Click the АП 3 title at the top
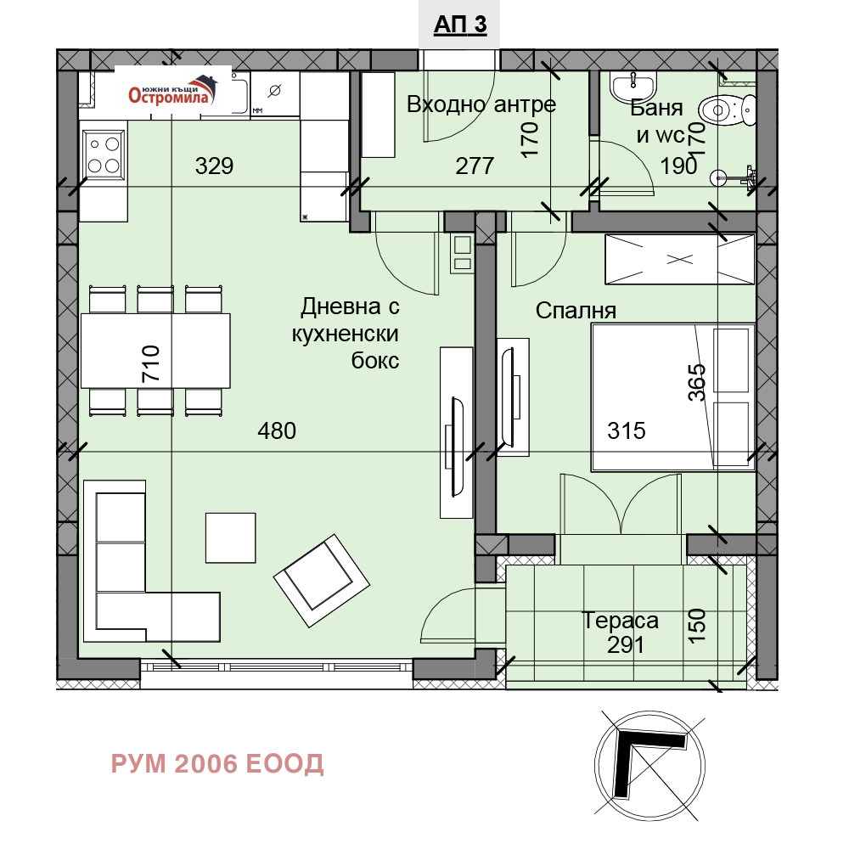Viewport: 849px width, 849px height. [x=459, y=25]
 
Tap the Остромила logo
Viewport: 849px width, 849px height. [x=172, y=91]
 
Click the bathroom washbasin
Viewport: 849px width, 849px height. [x=633, y=87]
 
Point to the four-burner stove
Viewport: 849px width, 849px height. [x=104, y=154]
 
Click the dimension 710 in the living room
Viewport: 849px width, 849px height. [x=151, y=364]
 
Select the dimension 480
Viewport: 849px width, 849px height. [x=277, y=431]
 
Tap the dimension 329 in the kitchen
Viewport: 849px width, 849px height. [x=215, y=166]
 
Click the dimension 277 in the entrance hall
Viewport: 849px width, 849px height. [x=475, y=166]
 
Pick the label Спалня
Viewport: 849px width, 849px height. [x=576, y=311]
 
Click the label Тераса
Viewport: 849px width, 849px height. [x=620, y=621]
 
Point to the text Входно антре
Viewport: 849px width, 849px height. [x=481, y=104]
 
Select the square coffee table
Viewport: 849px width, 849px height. [x=231, y=537]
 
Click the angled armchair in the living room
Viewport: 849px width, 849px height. [x=322, y=581]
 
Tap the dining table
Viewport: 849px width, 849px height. [x=155, y=351]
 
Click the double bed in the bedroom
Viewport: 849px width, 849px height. [x=673, y=397]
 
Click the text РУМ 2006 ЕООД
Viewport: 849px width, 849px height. [x=217, y=764]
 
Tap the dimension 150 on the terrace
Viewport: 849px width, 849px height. [x=698, y=626]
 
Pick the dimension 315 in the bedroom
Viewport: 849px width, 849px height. [x=627, y=431]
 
